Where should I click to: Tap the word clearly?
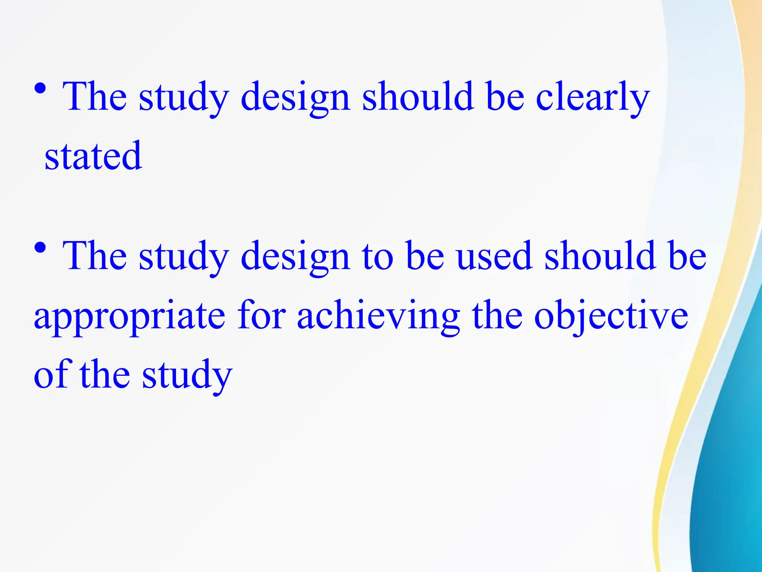point(592,98)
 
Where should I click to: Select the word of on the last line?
point(52,374)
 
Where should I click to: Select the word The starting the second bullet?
point(95,256)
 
